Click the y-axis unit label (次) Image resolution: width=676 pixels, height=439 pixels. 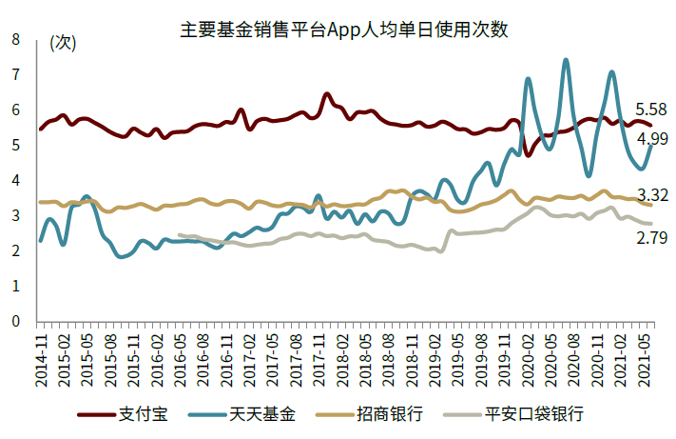62,42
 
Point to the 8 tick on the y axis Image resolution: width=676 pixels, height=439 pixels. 15,39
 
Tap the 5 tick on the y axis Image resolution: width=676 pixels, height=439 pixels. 15,145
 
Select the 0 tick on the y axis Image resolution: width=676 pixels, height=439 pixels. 15,321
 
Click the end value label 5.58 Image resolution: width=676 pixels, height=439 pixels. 651,109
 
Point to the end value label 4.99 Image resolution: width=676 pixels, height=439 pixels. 651,138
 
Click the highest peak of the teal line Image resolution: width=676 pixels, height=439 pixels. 566,60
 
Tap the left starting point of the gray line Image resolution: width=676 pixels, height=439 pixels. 179,234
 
